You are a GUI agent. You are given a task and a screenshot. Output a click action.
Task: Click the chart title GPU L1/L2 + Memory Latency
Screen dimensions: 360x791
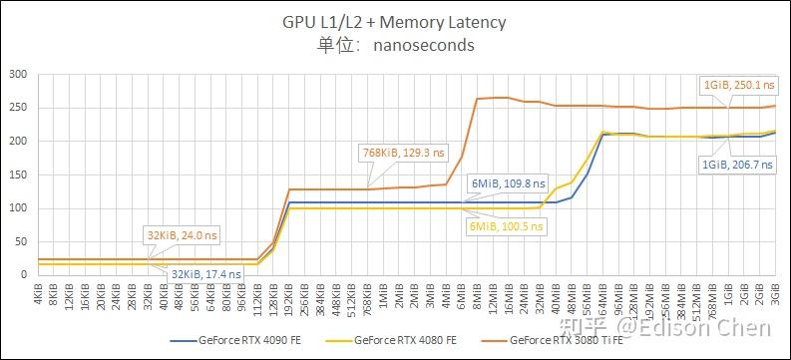(x=394, y=22)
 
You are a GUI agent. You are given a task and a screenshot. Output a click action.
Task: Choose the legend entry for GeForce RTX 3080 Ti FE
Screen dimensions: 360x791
(x=560, y=340)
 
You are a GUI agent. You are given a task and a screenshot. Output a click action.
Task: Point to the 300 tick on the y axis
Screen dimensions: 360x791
(x=17, y=75)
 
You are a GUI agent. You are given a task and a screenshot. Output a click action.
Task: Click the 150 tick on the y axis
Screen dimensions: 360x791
(x=17, y=175)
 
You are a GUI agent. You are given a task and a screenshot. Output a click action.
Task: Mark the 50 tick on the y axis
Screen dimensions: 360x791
(x=20, y=241)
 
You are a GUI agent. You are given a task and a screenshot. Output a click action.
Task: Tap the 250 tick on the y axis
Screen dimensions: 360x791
(x=17, y=108)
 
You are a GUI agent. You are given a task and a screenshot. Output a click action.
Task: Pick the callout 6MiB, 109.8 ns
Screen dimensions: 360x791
(x=509, y=183)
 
